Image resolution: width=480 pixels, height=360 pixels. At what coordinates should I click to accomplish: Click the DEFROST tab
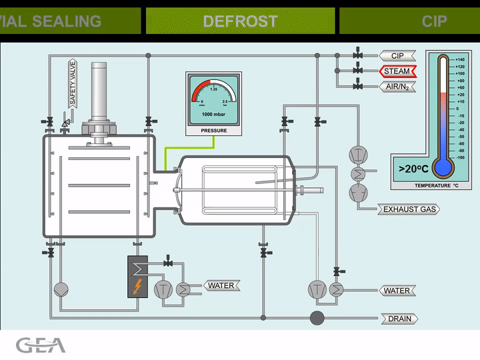tap(240, 21)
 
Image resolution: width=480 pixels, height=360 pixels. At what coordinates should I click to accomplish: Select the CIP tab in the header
tap(433, 21)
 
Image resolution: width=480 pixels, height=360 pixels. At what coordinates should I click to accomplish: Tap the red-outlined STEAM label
tap(397, 71)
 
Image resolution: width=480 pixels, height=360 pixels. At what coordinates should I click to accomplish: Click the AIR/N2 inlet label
tap(397, 87)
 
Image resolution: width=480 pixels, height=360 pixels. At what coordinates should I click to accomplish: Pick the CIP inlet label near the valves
tap(397, 55)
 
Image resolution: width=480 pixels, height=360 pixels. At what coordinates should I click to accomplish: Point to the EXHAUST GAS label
tap(409, 209)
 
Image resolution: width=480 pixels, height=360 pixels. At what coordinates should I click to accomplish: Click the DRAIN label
tap(399, 319)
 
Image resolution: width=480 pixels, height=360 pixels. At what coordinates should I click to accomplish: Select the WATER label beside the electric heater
tap(221, 286)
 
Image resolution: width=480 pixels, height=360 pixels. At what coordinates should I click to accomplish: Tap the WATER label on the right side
tap(397, 291)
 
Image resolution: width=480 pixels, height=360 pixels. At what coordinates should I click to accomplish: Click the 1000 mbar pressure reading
tap(214, 115)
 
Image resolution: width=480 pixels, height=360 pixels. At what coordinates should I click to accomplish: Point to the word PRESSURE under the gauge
tap(214, 131)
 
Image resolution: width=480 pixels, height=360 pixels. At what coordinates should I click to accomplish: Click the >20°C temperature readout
tap(413, 168)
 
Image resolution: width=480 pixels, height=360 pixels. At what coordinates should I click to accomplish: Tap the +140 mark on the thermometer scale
tap(460, 59)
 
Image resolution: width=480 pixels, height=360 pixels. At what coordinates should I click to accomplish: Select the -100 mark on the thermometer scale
tap(460, 157)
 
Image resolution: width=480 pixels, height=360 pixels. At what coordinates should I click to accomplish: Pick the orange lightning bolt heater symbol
tap(137, 287)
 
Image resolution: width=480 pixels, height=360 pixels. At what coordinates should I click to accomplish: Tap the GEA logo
tap(41, 345)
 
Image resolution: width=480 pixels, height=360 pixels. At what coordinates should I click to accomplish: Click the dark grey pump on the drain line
tap(317, 317)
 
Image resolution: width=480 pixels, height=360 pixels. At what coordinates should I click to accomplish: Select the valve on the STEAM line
tap(358, 71)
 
